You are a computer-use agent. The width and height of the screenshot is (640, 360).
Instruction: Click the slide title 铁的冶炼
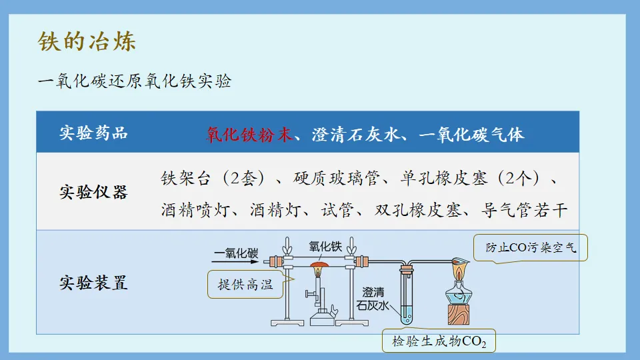click(x=87, y=41)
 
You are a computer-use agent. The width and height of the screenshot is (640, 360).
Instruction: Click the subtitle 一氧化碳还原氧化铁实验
click(x=135, y=81)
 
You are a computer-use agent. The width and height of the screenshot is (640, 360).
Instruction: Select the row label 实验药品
click(x=93, y=133)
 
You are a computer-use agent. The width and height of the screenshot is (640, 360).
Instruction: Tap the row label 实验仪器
click(x=93, y=192)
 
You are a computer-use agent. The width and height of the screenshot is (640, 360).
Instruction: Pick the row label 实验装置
click(x=93, y=283)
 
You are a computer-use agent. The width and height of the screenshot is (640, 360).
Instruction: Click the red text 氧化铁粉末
click(x=249, y=134)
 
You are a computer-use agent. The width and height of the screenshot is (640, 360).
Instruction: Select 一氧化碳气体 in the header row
click(x=472, y=134)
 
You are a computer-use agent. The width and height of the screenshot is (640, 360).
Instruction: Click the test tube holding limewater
click(x=406, y=297)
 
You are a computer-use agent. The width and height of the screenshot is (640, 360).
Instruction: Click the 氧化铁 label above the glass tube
click(x=325, y=245)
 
